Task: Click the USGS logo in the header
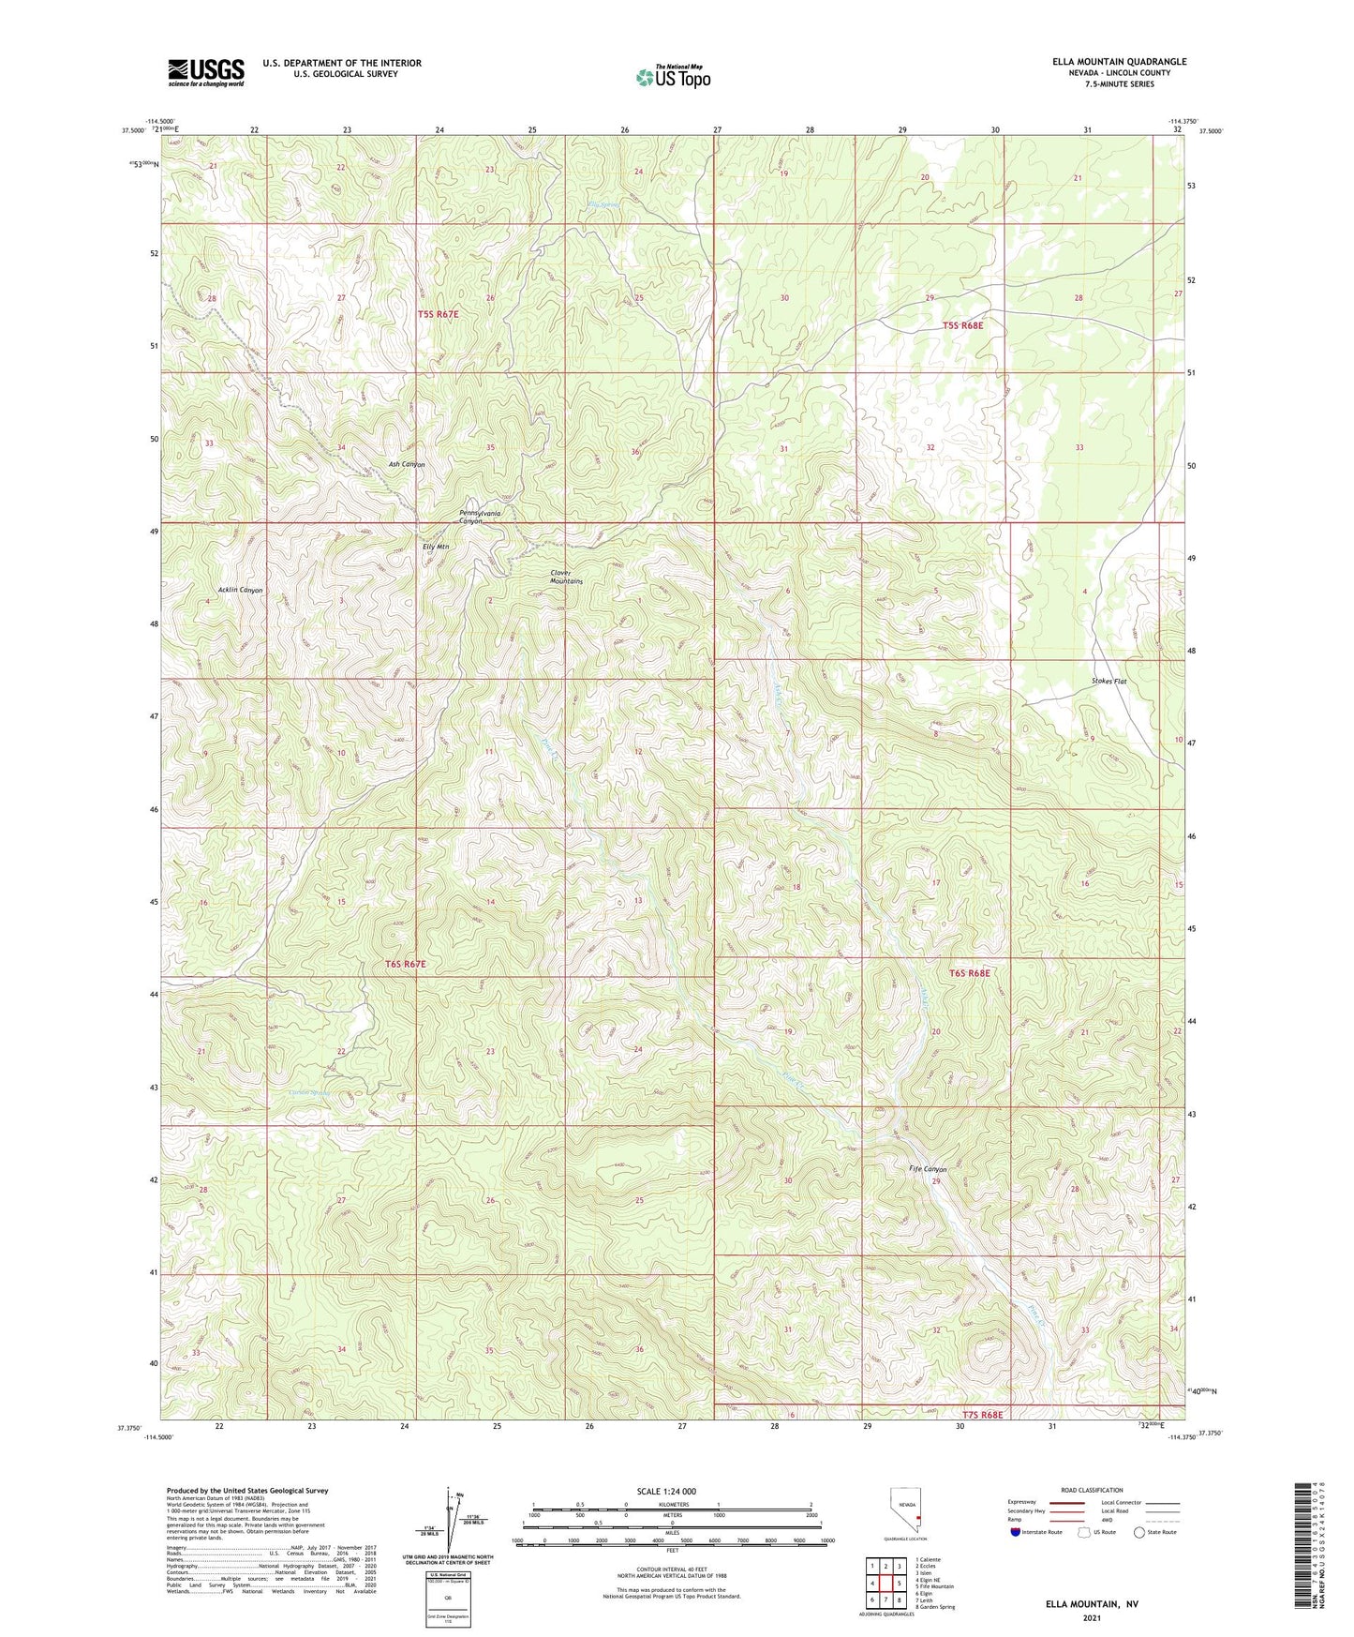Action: pos(206,71)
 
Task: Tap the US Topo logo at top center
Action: pos(673,77)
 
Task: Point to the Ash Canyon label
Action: pos(407,464)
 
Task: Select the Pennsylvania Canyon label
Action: pos(479,517)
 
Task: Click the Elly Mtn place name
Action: pos(436,547)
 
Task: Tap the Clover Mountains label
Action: pos(566,577)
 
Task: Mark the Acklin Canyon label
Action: pos(240,591)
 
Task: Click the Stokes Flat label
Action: pos(1108,682)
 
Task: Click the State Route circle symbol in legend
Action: pos(1138,1559)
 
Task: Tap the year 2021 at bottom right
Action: pos(1090,1618)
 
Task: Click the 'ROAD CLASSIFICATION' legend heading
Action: pos(1091,1490)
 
